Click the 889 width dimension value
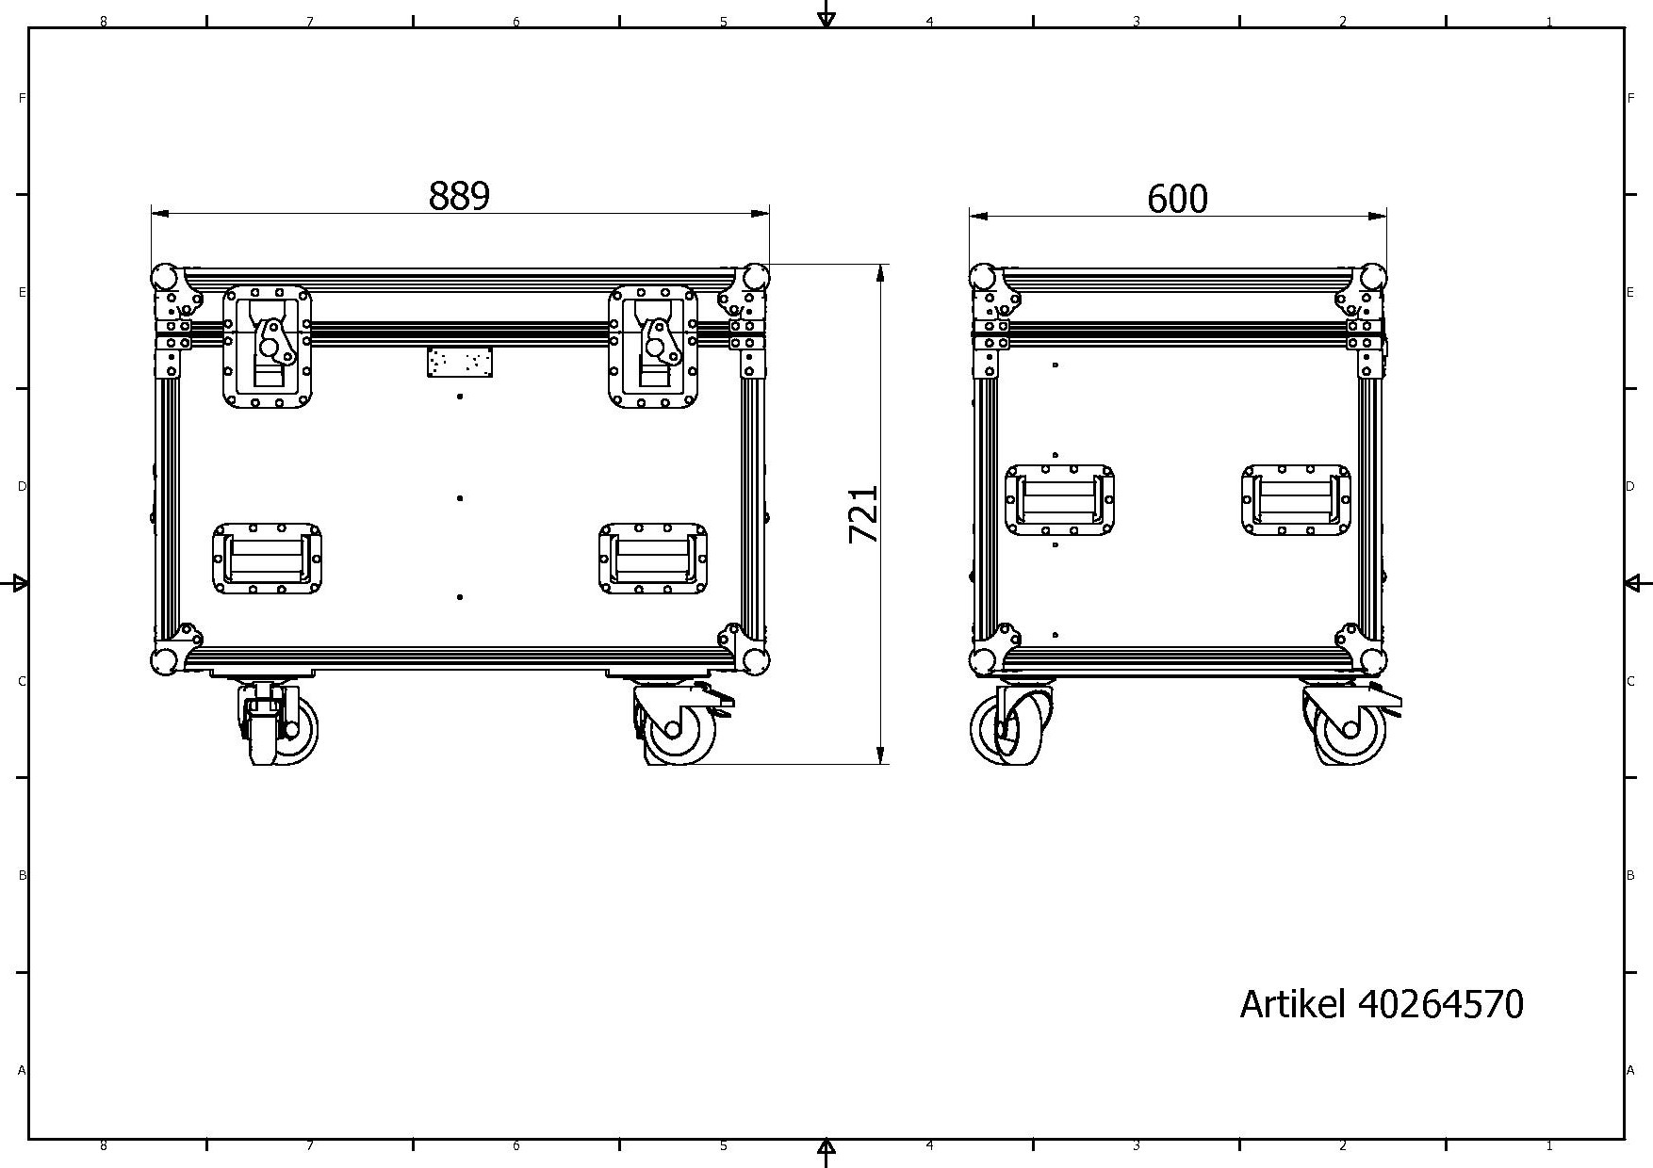[459, 196]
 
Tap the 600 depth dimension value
[1177, 199]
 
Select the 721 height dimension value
[864, 514]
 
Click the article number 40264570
[1440, 1004]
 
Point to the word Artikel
[1292, 1004]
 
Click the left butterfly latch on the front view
[268, 347]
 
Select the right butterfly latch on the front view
[653, 347]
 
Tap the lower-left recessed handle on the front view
[268, 559]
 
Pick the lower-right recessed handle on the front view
[653, 559]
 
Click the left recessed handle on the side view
[1060, 500]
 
